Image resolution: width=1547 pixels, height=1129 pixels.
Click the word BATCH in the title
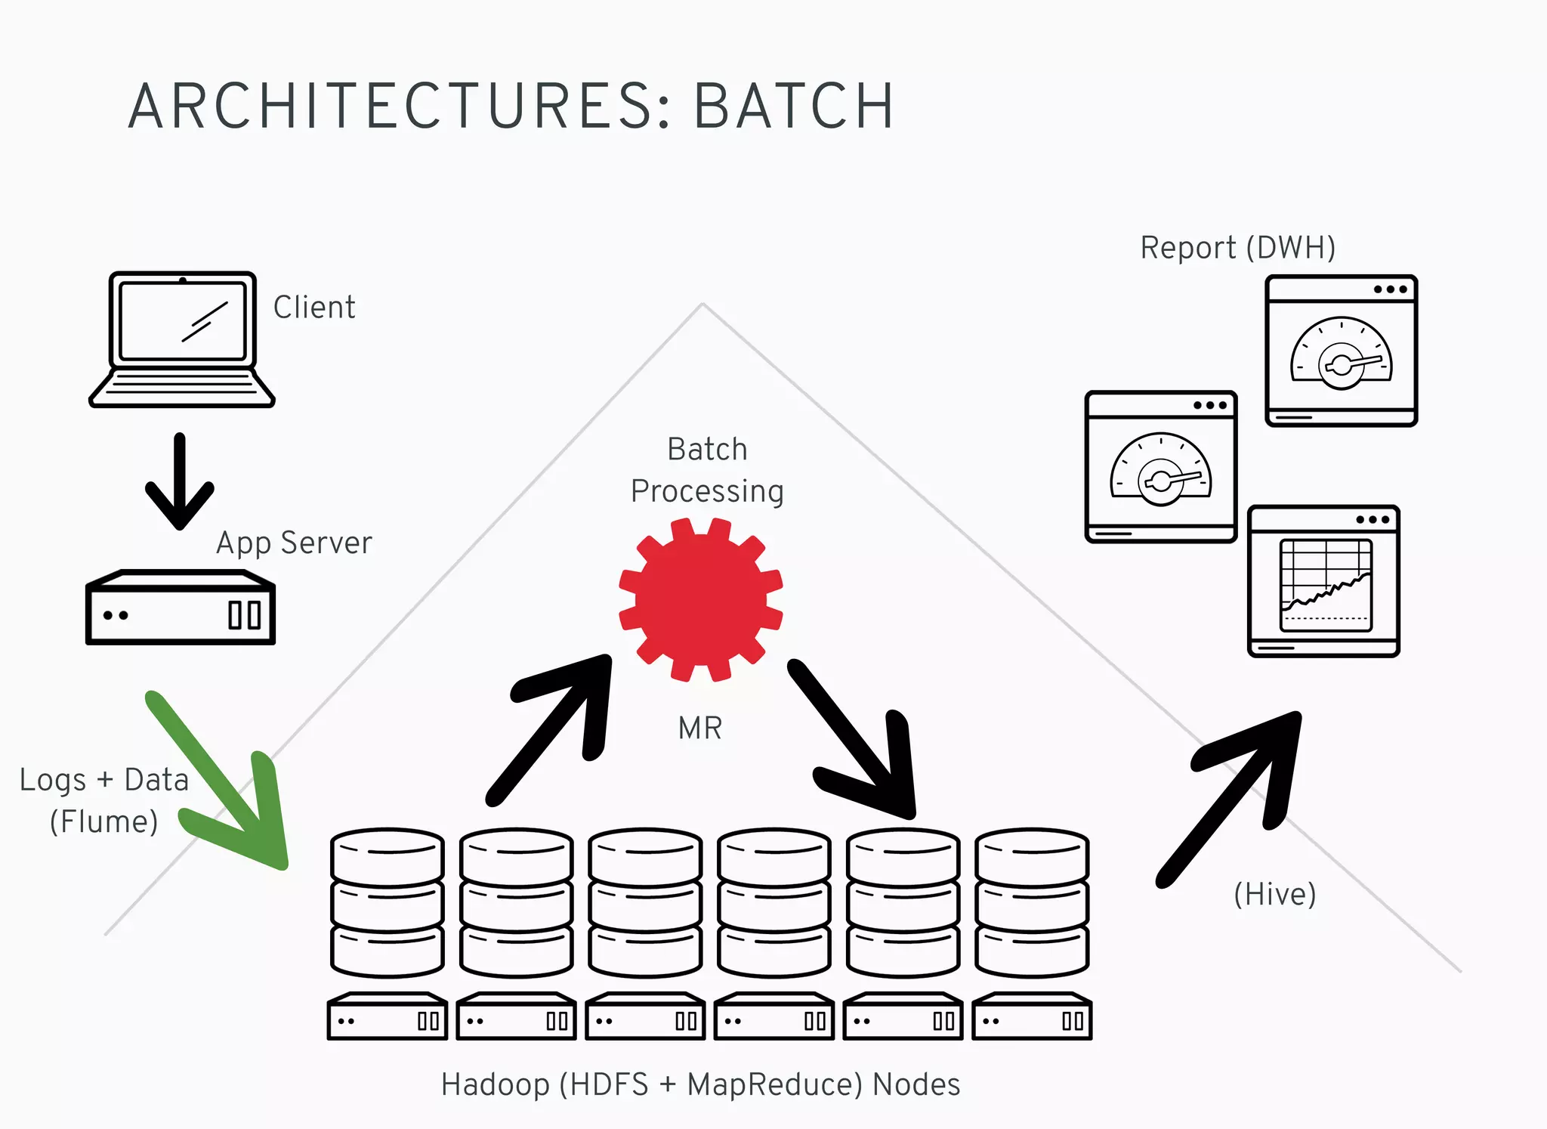click(x=793, y=107)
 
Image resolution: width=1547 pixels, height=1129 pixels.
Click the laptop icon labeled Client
click(x=181, y=339)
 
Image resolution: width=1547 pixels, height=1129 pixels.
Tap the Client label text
click(x=314, y=308)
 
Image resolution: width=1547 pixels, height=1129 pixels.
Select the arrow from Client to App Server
click(x=180, y=481)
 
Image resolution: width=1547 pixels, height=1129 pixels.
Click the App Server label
click(x=294, y=543)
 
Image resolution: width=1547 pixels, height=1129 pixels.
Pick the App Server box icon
click(x=180, y=608)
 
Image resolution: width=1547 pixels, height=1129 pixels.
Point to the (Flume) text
click(x=103, y=821)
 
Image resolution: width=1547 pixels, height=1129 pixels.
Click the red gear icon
click(x=700, y=599)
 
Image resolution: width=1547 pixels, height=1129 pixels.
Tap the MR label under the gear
click(x=700, y=728)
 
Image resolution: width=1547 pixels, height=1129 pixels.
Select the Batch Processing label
click(x=707, y=470)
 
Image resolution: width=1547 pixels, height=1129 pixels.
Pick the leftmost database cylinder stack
click(x=387, y=902)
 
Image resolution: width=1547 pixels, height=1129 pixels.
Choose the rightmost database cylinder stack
click(x=1032, y=902)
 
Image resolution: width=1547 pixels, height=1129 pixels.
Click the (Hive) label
click(x=1275, y=894)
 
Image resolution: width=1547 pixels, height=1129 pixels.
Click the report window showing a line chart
click(x=1323, y=581)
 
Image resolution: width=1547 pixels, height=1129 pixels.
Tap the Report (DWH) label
click(x=1237, y=248)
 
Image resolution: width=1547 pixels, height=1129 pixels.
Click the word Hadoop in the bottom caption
click(x=496, y=1084)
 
